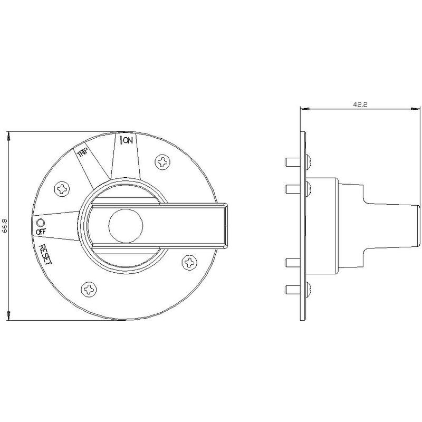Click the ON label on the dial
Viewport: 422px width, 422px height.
click(x=128, y=140)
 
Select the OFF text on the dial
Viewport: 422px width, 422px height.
click(x=41, y=231)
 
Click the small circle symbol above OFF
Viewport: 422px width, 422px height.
click(x=41, y=223)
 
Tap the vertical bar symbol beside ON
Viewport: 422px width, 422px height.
click(x=121, y=140)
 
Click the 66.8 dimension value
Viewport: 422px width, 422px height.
click(x=5, y=225)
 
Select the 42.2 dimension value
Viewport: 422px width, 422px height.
click(x=360, y=104)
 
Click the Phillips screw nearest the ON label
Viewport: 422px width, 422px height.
click(x=162, y=162)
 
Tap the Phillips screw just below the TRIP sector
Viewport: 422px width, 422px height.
click(x=62, y=189)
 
